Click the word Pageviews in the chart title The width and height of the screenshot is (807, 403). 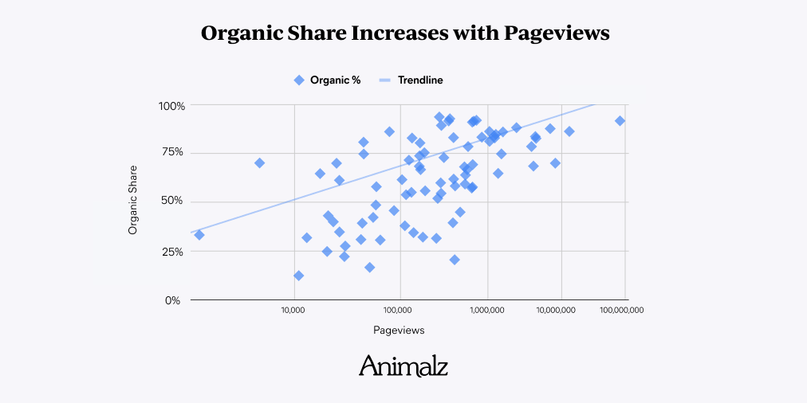[556, 33]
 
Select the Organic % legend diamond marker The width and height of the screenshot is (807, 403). [299, 80]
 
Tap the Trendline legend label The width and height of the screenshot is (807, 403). [420, 80]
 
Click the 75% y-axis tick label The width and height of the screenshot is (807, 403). [174, 152]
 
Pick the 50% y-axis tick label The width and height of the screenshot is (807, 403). [174, 201]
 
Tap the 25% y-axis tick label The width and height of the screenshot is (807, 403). [174, 252]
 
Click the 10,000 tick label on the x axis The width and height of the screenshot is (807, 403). [293, 310]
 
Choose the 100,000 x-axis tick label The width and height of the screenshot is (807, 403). [400, 310]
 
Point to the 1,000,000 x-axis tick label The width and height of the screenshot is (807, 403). [487, 310]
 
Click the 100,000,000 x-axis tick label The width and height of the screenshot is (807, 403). [623, 310]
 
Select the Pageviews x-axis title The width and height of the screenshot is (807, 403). [399, 331]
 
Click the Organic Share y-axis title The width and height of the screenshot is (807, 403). [133, 200]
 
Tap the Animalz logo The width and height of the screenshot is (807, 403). [403, 366]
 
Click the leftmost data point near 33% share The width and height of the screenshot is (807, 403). [199, 235]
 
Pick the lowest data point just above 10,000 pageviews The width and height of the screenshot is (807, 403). [298, 276]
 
